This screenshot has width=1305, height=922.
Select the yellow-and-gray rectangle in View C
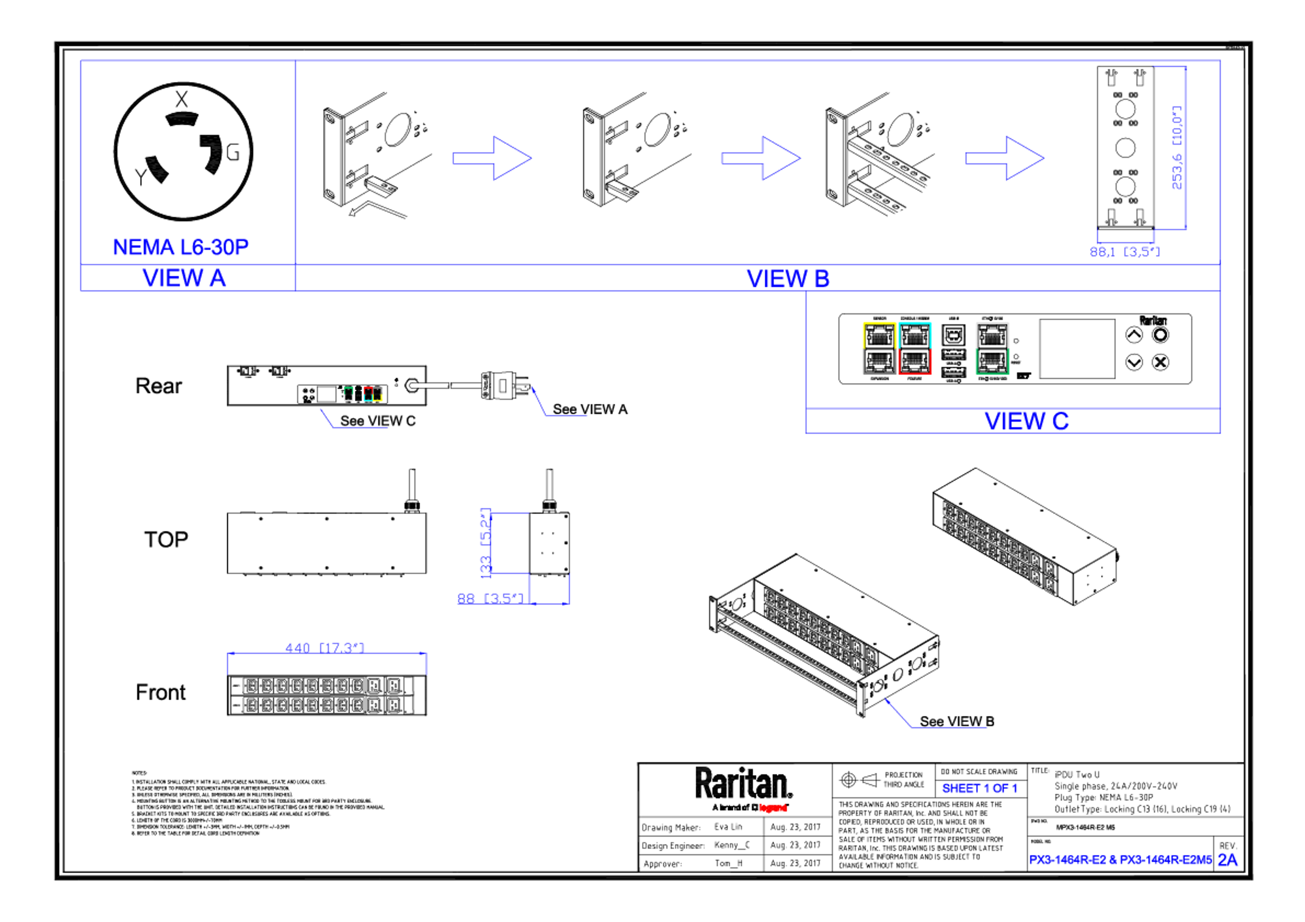point(879,348)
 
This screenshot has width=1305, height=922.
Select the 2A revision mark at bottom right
point(1228,860)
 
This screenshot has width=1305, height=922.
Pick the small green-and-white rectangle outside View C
point(348,394)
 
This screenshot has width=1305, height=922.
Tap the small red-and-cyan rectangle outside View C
point(368,394)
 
